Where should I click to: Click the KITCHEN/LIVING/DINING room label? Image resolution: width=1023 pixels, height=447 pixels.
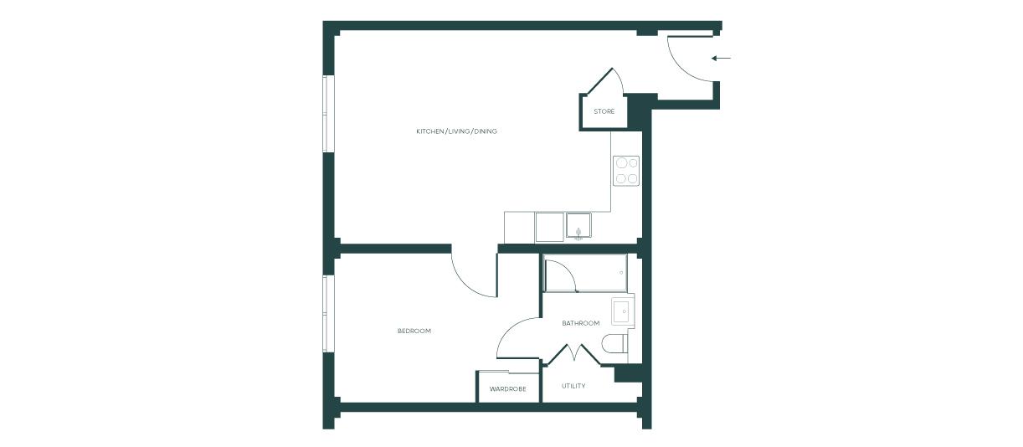(456, 131)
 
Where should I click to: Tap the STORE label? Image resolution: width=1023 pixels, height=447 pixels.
(604, 111)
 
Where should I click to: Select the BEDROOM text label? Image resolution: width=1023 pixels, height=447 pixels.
(414, 331)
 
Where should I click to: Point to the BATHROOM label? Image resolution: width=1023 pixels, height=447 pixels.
(580, 323)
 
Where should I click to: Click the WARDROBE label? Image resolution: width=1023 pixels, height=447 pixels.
(508, 389)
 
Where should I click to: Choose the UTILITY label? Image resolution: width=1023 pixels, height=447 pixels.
(573, 386)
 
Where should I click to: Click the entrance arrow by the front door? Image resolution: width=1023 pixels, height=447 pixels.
(721, 58)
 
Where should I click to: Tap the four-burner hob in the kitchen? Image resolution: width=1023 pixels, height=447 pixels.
(626, 170)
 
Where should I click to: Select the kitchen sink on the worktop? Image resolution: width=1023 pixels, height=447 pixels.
(578, 225)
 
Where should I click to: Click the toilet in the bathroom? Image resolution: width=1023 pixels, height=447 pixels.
(614, 344)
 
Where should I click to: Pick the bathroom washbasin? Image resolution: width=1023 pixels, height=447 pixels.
(623, 311)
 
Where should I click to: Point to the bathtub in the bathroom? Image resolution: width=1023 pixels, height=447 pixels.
(585, 273)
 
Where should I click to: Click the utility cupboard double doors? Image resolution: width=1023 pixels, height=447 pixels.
(574, 354)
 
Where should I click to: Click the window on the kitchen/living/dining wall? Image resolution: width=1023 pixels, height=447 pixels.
(326, 114)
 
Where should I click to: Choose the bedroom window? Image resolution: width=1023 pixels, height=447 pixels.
(326, 314)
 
